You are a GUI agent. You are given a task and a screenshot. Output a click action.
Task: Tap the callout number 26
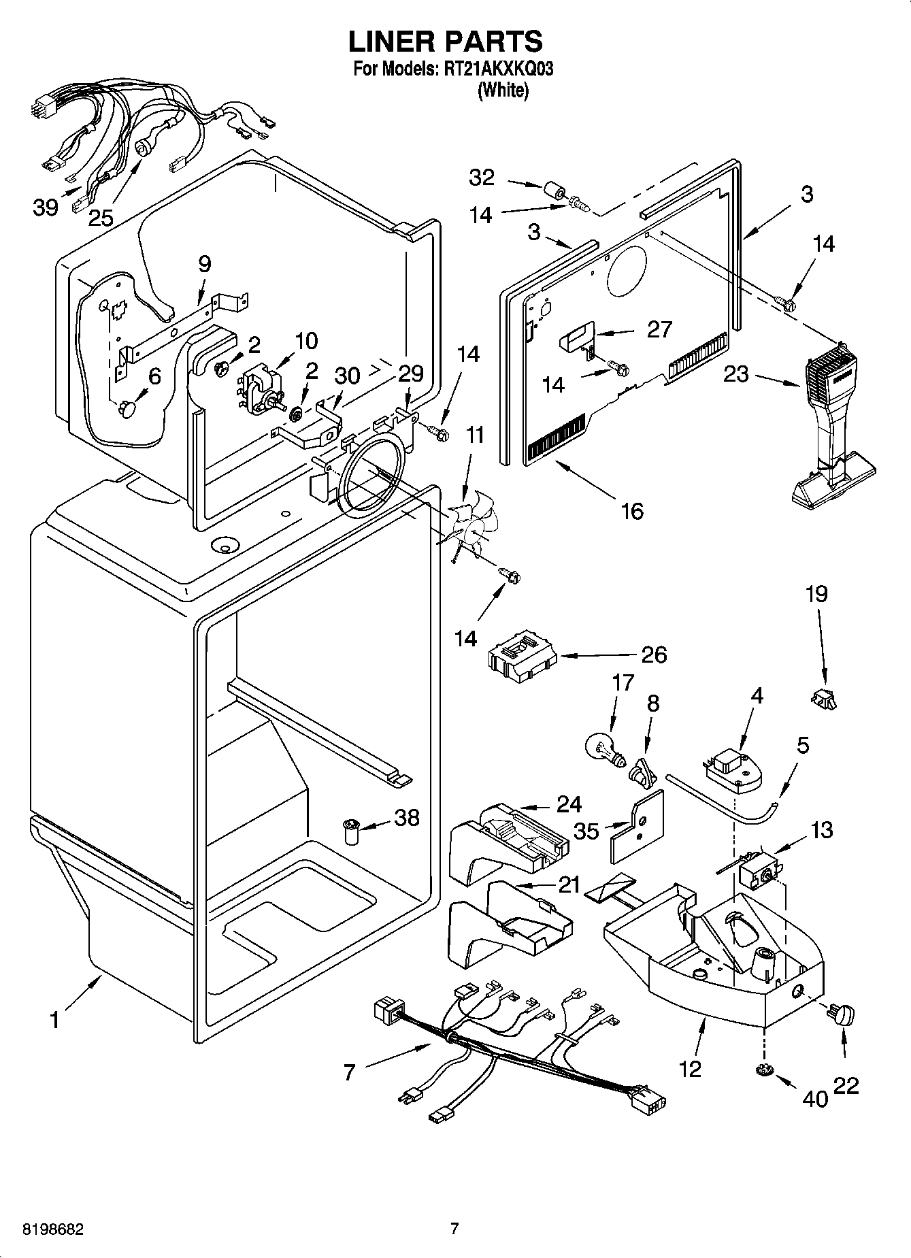pos(653,655)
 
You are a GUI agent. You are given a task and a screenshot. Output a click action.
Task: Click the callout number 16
pos(632,510)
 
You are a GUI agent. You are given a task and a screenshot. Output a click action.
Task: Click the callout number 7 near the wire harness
pos(349,1073)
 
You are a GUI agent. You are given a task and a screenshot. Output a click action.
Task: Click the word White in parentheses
pos(503,90)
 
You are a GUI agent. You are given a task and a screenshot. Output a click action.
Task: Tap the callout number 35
pos(586,830)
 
